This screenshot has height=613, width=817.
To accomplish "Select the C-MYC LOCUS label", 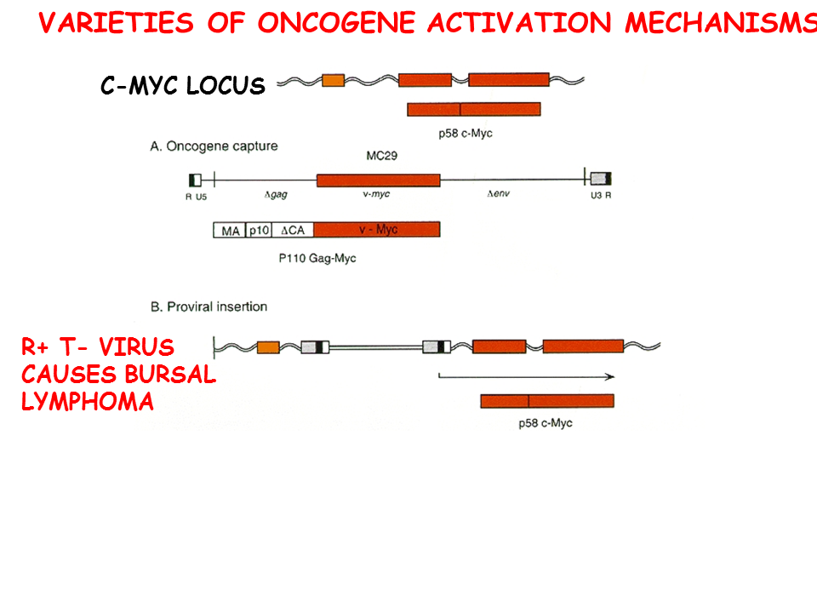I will pyautogui.click(x=183, y=86).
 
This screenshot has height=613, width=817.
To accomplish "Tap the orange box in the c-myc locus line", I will pyautogui.click(x=333, y=80).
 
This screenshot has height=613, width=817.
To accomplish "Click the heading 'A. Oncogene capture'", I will pyautogui.click(x=214, y=146).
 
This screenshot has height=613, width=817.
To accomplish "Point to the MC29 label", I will pyautogui.click(x=379, y=158).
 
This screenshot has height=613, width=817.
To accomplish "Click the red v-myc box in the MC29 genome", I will pyautogui.click(x=378, y=180).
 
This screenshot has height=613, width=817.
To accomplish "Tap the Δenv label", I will pyautogui.click(x=498, y=195).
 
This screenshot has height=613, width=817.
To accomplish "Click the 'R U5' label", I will pyautogui.click(x=197, y=196).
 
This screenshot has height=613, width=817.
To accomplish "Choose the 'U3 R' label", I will pyautogui.click(x=600, y=196).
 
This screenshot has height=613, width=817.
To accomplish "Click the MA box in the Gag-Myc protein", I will pyautogui.click(x=228, y=230).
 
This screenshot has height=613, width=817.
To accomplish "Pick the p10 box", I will pyautogui.click(x=257, y=230).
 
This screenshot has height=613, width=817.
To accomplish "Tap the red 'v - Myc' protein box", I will pyautogui.click(x=377, y=230).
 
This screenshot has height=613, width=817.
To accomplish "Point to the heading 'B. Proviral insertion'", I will pyautogui.click(x=209, y=306).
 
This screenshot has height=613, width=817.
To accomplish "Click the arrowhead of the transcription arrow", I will pyautogui.click(x=611, y=375).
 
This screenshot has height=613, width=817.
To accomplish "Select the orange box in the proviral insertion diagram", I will pyautogui.click(x=268, y=347).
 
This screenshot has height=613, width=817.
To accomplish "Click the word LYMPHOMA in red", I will pyautogui.click(x=88, y=402).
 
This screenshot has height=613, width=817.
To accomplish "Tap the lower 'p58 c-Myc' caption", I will pyautogui.click(x=546, y=423).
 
